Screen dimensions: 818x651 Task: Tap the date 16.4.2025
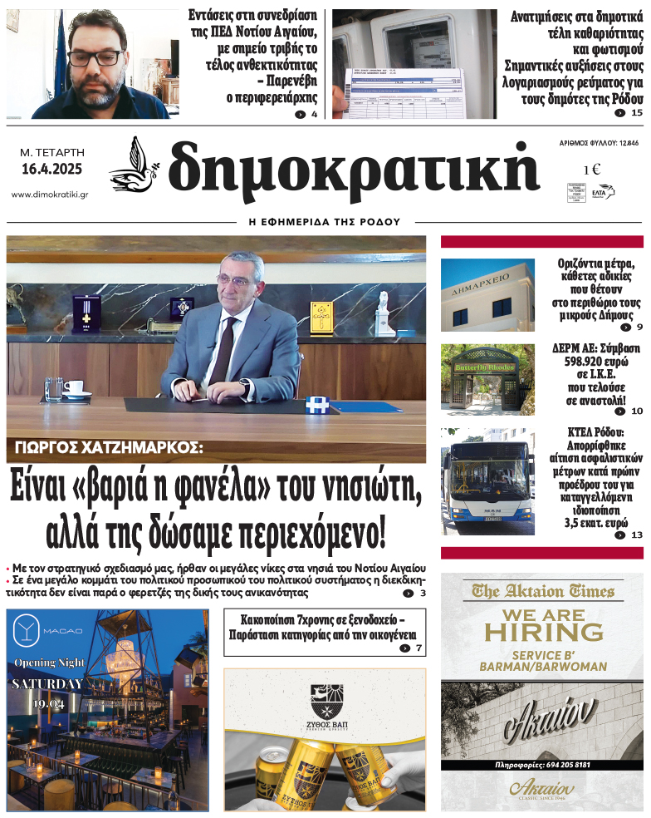click(x=51, y=170)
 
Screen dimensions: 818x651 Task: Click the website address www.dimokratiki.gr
click(x=50, y=195)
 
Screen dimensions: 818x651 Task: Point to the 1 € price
click(x=592, y=170)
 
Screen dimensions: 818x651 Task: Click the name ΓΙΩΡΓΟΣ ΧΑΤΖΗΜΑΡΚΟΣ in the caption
click(x=109, y=448)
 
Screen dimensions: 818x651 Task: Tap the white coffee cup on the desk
click(x=76, y=388)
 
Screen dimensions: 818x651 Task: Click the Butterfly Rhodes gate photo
click(x=487, y=378)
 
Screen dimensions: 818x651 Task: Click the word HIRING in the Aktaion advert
click(x=544, y=632)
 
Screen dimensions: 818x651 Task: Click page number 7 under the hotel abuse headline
click(x=419, y=648)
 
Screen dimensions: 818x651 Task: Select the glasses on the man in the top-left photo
click(x=93, y=57)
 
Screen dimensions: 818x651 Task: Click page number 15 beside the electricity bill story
click(x=637, y=113)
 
